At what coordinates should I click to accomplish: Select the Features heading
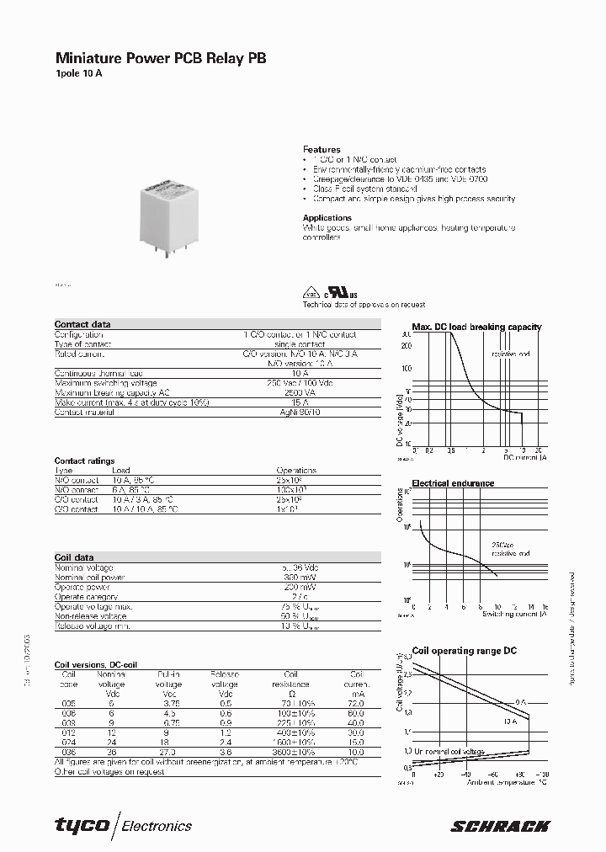322,149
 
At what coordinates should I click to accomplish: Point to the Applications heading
327,218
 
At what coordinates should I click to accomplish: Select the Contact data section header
82,324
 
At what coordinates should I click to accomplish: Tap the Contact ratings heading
84,461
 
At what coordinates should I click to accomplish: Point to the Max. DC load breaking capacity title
476,327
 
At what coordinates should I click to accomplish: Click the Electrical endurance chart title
452,484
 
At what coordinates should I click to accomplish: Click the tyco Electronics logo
124,826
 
